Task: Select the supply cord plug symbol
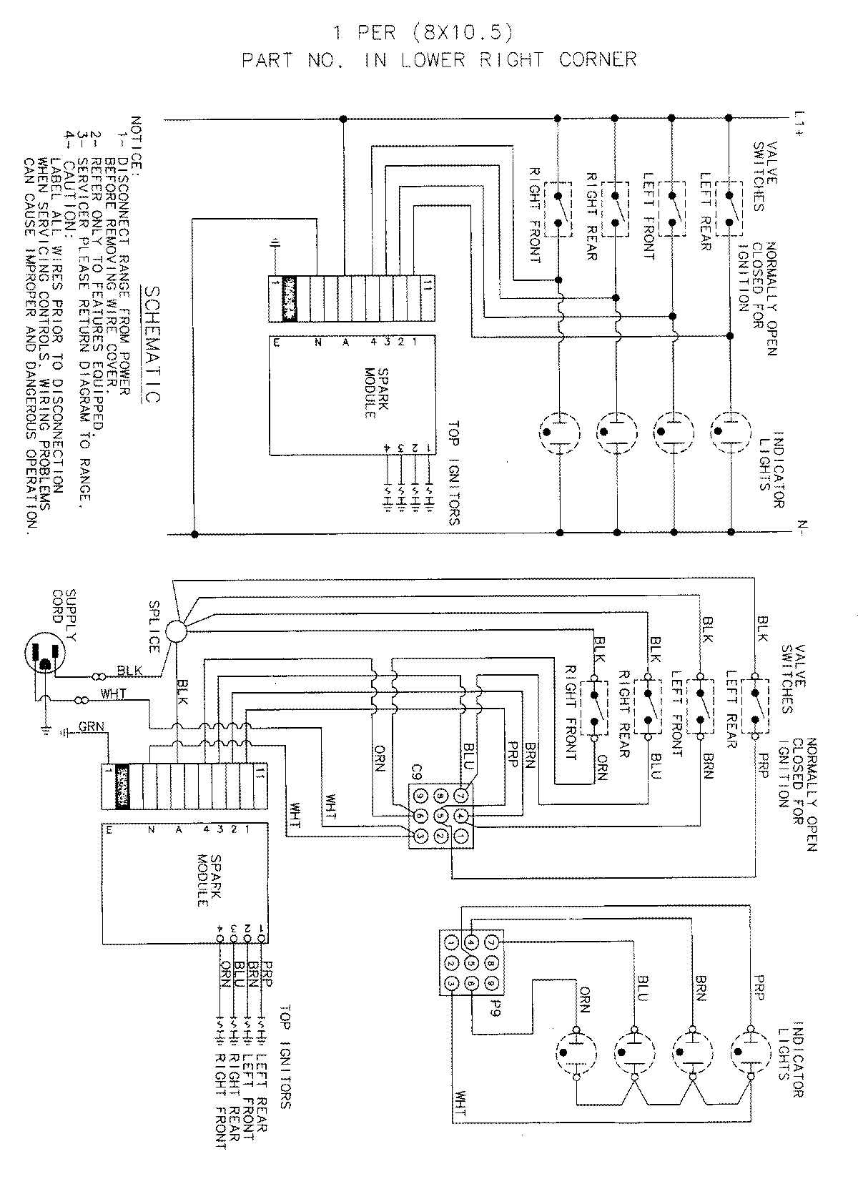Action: (44, 654)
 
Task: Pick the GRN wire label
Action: (92, 727)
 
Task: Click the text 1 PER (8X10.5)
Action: (423, 33)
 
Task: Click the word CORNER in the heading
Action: (598, 60)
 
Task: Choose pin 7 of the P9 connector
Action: (490, 942)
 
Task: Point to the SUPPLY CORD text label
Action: (65, 610)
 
